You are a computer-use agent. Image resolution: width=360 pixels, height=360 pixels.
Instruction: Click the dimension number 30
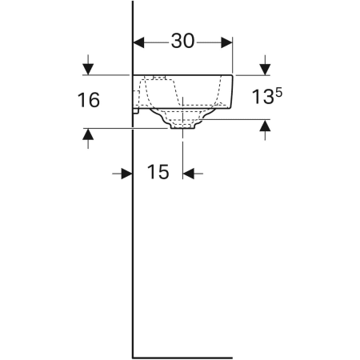(182, 41)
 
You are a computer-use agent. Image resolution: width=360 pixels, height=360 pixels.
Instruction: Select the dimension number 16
(89, 100)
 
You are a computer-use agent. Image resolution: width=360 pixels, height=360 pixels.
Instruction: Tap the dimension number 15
(158, 172)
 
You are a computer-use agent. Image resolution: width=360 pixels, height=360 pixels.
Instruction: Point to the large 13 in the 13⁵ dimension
(262, 97)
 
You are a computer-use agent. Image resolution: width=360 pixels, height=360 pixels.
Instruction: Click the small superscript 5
(278, 92)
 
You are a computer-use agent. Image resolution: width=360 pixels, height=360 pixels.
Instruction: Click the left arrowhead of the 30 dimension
(138, 42)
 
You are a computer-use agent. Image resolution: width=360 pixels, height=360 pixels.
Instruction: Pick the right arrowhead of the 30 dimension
(226, 42)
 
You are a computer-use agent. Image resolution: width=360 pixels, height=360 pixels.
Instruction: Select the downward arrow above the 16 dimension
(88, 65)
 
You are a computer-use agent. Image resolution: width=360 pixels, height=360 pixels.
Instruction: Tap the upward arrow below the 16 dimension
(88, 138)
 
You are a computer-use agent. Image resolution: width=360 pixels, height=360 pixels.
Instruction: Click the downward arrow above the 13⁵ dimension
(265, 65)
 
